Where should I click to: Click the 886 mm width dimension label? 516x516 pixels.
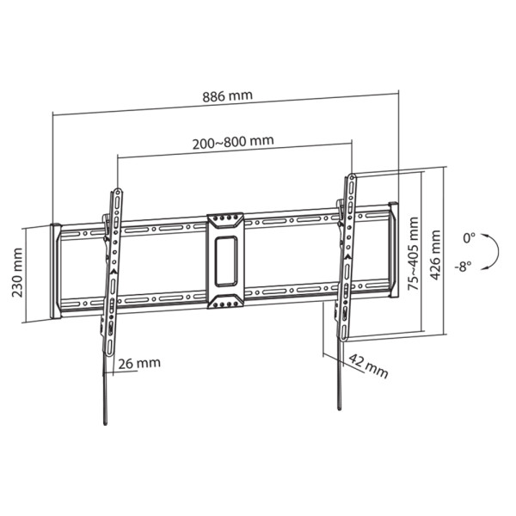coord(228,95)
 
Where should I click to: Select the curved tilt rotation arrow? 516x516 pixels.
coord(490,251)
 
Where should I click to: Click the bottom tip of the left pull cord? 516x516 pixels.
coord(103,423)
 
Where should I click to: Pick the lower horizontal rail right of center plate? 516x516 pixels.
coord(292,293)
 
